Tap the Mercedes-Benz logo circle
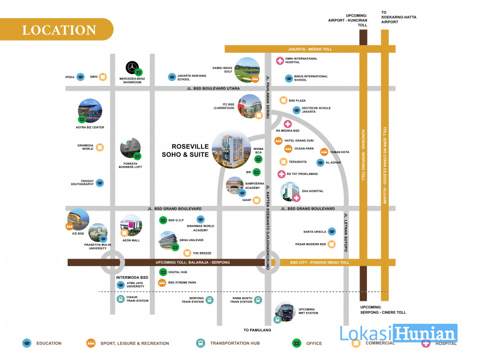pos(132,67)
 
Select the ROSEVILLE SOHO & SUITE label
pos(186,150)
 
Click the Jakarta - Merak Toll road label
pos(310,49)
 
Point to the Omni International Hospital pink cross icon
pos(280,61)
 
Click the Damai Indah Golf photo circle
pos(247,70)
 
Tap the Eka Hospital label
pos(313,191)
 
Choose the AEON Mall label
pos(131,241)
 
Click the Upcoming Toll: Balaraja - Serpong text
pos(193,262)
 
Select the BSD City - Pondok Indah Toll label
pos(319,262)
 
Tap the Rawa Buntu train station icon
pos(258,300)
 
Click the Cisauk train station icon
pos(121,299)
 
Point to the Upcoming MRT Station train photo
pos(285,312)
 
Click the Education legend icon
pos(27,343)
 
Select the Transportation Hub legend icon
pos(201,343)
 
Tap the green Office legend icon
pos(297,343)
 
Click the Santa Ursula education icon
pos(332,231)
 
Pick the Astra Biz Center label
pos(90,127)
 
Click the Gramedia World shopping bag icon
pos(100,147)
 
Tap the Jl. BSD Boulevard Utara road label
pos(213,89)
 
